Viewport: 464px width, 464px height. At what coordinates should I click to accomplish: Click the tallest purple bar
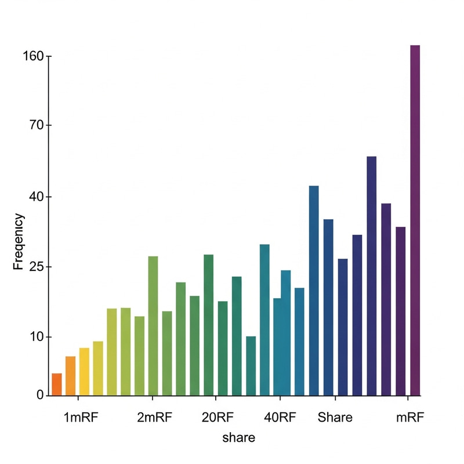click(x=415, y=220)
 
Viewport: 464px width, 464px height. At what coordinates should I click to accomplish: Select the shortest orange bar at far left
click(x=56, y=384)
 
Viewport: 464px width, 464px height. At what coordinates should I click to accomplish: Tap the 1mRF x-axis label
click(x=81, y=418)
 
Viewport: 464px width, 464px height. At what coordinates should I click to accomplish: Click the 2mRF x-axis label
click(x=154, y=418)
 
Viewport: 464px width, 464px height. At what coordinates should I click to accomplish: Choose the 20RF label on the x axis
click(x=217, y=418)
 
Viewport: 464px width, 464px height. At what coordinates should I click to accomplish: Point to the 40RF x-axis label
click(x=280, y=418)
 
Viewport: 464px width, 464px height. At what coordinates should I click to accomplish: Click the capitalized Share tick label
click(x=335, y=418)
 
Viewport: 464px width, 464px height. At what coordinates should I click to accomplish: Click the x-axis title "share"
click(x=238, y=438)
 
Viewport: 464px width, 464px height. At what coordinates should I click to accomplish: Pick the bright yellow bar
click(x=84, y=371)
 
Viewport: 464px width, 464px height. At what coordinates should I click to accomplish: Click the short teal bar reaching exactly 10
click(x=251, y=365)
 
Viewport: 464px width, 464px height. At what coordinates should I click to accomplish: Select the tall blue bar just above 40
click(x=314, y=290)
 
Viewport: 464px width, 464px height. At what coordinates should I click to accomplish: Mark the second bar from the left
click(x=70, y=376)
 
